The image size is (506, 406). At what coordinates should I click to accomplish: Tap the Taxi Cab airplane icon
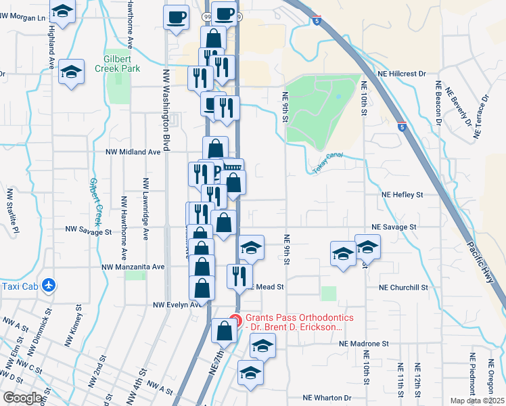[48, 286]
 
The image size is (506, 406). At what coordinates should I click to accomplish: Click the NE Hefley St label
[400, 194]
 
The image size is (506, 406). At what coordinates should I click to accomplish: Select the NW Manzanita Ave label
[133, 267]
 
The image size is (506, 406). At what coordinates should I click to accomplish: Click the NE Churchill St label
[404, 287]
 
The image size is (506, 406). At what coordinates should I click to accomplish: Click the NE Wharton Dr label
[327, 398]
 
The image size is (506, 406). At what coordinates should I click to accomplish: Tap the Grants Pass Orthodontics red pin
[235, 319]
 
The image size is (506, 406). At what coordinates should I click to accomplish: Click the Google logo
[23, 398]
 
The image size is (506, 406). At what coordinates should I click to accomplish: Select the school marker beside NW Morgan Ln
[63, 12]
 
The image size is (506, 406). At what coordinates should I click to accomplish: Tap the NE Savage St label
[394, 227]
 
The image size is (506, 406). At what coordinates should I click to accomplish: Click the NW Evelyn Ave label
[177, 304]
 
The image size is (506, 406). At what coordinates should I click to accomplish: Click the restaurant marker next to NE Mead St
[239, 275]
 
